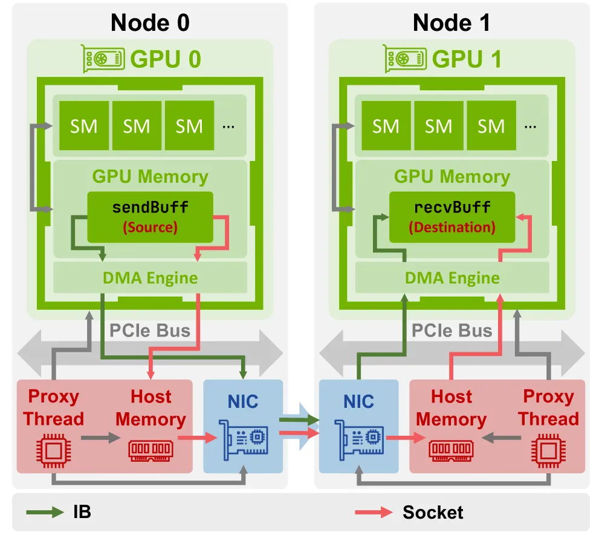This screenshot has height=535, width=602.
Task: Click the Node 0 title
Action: point(150,22)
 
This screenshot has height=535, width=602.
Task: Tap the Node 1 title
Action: point(451,22)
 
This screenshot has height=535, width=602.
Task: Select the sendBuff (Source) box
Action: point(150,217)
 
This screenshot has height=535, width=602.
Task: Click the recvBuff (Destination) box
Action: point(452,217)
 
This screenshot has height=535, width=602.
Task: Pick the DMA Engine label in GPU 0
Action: point(150,278)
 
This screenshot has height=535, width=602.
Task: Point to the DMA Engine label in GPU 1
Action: point(452,278)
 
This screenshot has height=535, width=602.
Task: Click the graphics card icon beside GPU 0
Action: point(103,59)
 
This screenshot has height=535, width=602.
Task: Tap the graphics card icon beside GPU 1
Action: point(405,59)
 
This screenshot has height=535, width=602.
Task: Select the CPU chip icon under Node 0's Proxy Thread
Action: point(53,450)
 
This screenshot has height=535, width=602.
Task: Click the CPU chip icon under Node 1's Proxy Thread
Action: point(548,450)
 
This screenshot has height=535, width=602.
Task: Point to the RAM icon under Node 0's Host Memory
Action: point(151,450)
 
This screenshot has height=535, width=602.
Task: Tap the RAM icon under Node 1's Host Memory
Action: point(451,450)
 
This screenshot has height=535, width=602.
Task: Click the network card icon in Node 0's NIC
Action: point(244,440)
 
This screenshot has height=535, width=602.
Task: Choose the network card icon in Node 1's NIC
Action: point(359,440)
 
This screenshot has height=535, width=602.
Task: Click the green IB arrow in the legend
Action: point(45,512)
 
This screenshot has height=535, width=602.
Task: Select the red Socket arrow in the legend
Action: point(374,512)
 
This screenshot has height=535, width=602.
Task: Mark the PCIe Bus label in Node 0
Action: point(150,330)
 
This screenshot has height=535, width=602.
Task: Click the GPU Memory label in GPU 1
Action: point(452,176)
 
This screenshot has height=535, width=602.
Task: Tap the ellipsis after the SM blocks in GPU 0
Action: point(228,126)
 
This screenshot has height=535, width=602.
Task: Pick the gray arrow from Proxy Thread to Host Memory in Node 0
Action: point(100,438)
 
